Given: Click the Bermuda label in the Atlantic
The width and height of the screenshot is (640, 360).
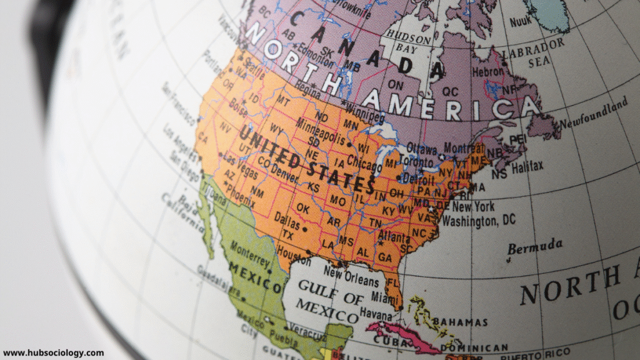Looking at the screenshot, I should point(535,246).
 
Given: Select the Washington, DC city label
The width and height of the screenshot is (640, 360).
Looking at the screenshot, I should point(479,220).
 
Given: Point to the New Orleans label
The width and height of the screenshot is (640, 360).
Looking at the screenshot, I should point(351,273).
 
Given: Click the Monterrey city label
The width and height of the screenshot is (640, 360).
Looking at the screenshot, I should point(249,252).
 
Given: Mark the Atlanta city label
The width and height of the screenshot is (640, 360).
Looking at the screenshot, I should point(394,237).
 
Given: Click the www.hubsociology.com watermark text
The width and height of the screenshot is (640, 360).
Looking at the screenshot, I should point(53,353).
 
